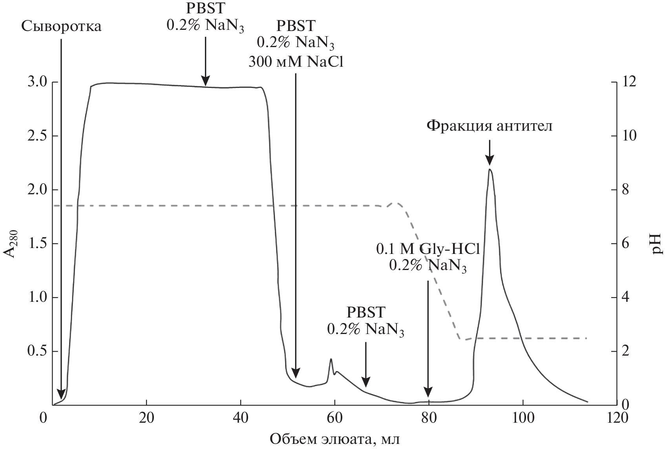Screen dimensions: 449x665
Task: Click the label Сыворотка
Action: (x=61, y=27)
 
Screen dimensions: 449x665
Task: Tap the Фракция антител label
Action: (x=489, y=126)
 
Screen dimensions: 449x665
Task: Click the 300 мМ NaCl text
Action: (x=296, y=62)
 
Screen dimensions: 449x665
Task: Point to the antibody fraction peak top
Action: (x=490, y=170)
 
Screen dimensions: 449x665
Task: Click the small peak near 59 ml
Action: (x=331, y=359)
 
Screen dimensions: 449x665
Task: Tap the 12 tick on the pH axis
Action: (x=627, y=82)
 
